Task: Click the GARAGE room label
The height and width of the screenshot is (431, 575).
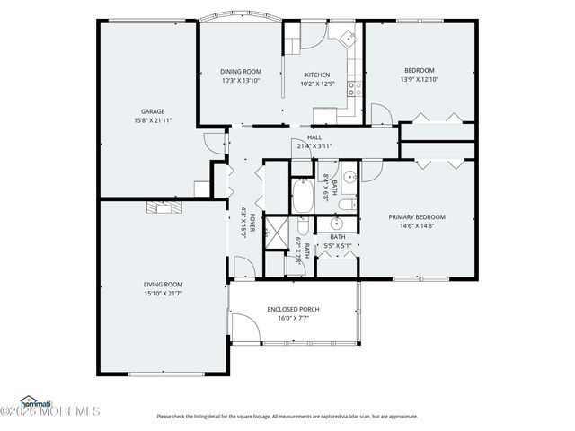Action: point(152,111)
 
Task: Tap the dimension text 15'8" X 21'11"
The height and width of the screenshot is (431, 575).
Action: point(152,120)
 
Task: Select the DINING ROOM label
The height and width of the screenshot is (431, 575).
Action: point(241,72)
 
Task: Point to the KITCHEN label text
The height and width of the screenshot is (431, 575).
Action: point(317,75)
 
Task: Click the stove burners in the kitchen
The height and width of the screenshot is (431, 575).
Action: point(356,88)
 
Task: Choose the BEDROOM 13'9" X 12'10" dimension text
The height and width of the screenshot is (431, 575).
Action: point(419,80)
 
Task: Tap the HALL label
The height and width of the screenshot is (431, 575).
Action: point(314,137)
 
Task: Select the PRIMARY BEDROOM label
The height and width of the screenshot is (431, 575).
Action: point(417,216)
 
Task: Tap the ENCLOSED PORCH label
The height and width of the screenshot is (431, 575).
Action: point(293,309)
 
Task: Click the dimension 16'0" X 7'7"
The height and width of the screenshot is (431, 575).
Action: point(293,318)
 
